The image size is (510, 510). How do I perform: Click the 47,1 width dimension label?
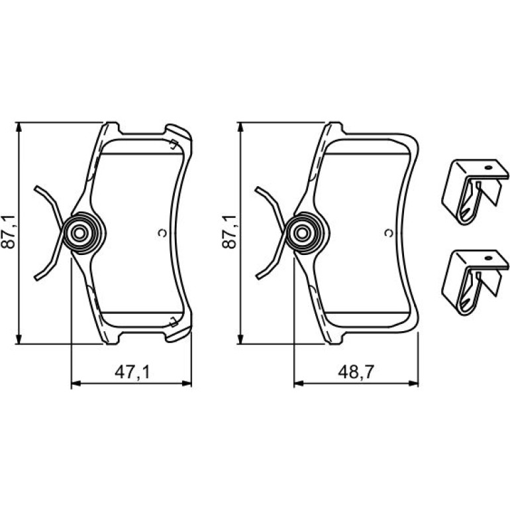[132, 372]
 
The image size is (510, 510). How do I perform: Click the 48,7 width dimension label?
[356, 372]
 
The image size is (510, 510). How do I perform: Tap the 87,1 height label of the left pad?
[8, 232]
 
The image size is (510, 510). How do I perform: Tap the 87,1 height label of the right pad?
[229, 232]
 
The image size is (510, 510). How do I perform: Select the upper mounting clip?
[474, 192]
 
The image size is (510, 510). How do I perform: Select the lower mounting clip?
[474, 282]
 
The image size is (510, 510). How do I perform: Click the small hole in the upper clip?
[488, 168]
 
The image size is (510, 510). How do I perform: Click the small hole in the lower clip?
[488, 258]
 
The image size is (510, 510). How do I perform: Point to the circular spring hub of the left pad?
[80, 233]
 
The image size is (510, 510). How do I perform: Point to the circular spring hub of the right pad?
[303, 233]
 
